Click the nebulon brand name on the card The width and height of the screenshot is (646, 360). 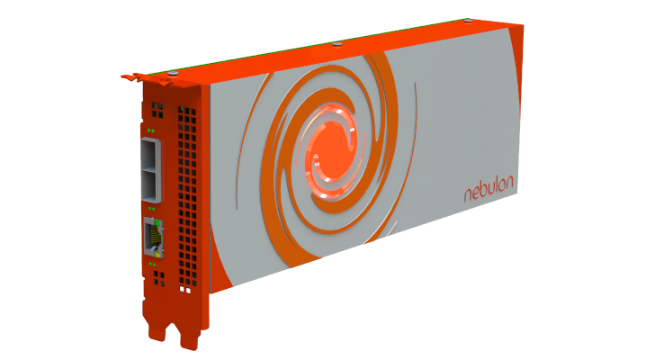(489, 189)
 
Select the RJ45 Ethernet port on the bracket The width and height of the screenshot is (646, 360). (153, 238)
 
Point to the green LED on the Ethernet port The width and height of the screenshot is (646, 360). (157, 222)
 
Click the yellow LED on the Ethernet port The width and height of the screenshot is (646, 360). (157, 255)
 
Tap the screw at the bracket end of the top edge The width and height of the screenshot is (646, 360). (173, 73)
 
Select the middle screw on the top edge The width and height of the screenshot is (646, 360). (337, 44)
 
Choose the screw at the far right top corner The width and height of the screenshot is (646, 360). (468, 20)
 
